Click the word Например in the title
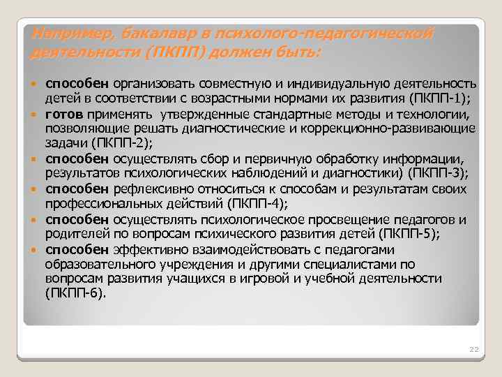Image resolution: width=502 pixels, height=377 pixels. tap(63, 34)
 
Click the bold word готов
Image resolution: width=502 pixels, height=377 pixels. tap(64, 113)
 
